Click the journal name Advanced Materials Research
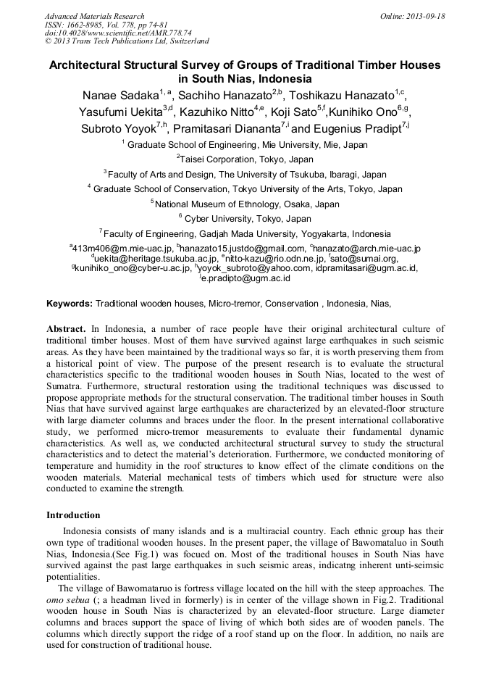94,16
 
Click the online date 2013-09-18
426,16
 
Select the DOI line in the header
118,33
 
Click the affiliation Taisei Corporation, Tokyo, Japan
246,159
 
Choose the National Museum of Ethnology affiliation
247,204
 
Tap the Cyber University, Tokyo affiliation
247,218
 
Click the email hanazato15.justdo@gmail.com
243,249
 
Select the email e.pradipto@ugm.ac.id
246,278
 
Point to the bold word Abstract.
67,329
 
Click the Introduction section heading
73,515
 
